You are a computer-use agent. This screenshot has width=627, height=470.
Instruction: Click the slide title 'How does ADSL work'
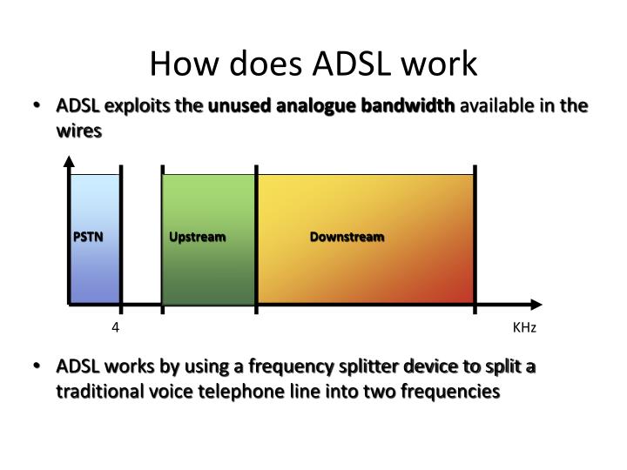313,64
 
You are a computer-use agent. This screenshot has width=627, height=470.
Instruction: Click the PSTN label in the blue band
87,237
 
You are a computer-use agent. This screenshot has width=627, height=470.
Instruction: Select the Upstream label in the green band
198,237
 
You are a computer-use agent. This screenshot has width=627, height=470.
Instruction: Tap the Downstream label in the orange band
347,237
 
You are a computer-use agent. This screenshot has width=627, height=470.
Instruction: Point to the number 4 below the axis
114,328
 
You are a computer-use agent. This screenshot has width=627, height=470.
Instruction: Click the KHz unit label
524,328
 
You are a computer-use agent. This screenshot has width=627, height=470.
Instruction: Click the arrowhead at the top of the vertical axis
70,161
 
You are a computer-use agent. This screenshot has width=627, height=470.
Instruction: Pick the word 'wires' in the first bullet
79,131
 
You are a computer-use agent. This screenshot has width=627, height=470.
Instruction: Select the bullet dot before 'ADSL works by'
37,366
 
